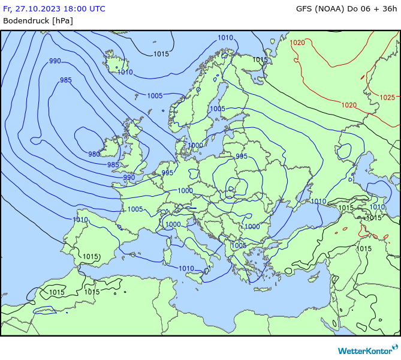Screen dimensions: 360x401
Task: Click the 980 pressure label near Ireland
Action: coord(94,154)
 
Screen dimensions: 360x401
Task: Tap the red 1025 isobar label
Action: coord(387,97)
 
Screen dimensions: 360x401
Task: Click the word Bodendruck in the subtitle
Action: coord(26,20)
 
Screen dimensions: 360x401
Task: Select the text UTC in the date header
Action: coord(95,8)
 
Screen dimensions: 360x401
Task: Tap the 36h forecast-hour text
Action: coord(388,8)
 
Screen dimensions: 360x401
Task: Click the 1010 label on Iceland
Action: coord(125,73)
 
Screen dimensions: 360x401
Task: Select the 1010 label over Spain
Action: coord(80,220)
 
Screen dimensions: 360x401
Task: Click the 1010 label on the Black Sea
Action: coord(318,202)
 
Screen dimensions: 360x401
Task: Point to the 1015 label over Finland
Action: coord(260,59)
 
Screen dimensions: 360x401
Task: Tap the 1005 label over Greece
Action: coord(239,245)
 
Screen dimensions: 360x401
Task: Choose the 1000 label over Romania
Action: coord(252,227)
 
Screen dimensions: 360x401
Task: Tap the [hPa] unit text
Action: coord(62,20)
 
